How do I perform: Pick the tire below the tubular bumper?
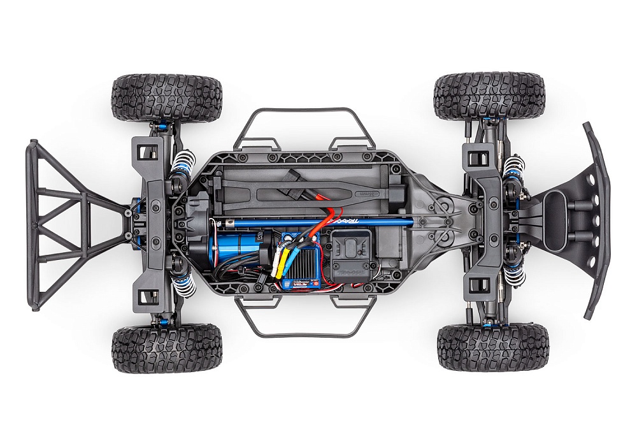(167, 347)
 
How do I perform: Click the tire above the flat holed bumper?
(490, 96)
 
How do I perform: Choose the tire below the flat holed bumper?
(492, 347)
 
